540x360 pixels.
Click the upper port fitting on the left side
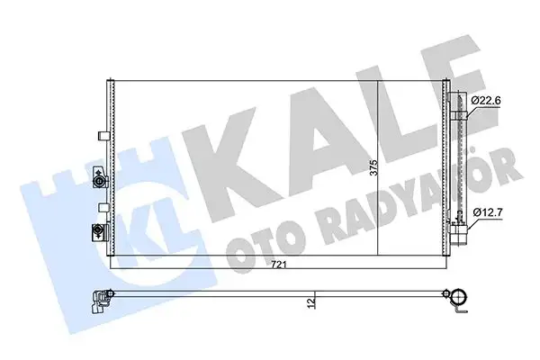(x=95, y=183)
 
